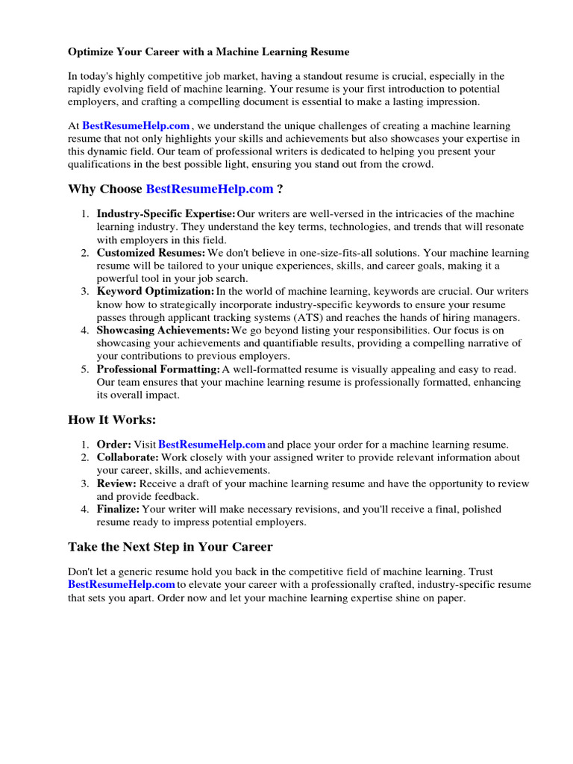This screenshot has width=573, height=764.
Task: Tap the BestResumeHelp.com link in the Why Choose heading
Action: pos(210,190)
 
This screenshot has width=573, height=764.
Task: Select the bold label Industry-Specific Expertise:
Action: pos(166,214)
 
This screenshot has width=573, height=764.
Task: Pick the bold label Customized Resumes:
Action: pos(151,253)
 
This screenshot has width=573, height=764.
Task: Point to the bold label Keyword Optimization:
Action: pos(155,292)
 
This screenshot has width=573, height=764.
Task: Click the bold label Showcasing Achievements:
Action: pos(163,331)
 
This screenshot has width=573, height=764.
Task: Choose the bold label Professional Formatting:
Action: pos(158,369)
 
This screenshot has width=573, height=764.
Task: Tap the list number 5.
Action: pos(84,369)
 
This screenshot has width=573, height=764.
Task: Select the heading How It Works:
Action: pos(112,419)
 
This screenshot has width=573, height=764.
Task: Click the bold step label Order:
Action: pos(114,444)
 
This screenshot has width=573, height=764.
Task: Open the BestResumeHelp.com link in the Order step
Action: pos(212,444)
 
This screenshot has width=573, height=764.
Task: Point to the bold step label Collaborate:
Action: pos(128,457)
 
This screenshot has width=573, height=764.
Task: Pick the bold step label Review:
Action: pos(116,483)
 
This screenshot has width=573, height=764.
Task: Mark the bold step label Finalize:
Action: pos(119,509)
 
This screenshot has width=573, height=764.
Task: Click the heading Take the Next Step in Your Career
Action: pos(170,546)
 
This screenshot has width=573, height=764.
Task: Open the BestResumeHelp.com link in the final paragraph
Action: pos(122,584)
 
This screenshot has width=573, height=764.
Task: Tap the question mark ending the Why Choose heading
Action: pos(280,190)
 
